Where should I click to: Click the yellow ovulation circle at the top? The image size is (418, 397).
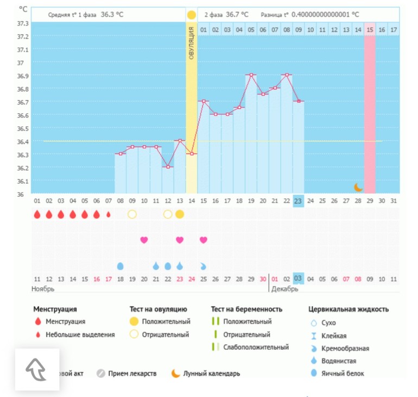point(191,14)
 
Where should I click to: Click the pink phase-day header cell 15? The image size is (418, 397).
point(370,29)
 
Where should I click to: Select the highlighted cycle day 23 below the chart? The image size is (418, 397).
point(298,201)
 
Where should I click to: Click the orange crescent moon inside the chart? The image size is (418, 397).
point(358,187)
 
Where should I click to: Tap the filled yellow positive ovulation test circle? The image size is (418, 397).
point(179,214)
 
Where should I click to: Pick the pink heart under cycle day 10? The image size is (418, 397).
point(144,240)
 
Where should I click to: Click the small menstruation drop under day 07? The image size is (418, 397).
point(109,214)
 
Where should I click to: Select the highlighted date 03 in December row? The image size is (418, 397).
point(298,278)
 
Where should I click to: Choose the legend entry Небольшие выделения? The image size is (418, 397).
point(80,334)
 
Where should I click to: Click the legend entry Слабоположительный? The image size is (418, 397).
point(256,347)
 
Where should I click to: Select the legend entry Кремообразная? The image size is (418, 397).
point(345,348)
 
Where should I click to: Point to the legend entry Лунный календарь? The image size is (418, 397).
point(211,374)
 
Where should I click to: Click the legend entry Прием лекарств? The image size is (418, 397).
point(132,374)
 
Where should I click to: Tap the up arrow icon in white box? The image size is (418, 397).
point(36,369)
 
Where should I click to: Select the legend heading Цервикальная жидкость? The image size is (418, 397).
point(348,309)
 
